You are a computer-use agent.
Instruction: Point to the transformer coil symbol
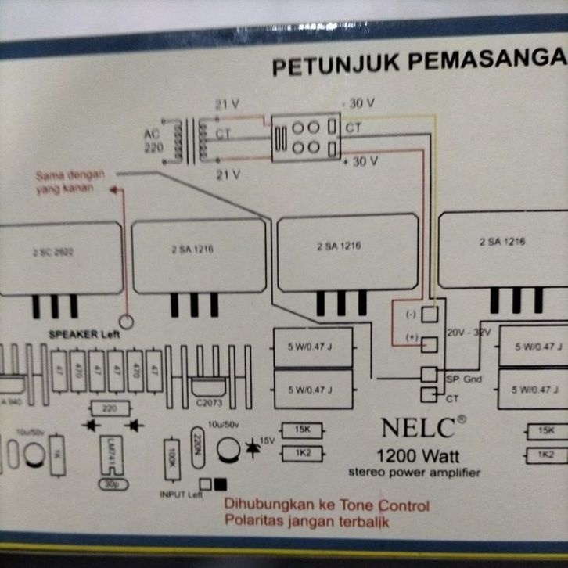(x=189, y=141)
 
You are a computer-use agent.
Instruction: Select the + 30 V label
(x=360, y=161)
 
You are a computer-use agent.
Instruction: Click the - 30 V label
(x=359, y=103)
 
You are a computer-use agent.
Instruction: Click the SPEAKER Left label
(x=81, y=333)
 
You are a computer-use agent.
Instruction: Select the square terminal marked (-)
(x=430, y=314)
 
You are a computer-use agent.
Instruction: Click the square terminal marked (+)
(x=430, y=344)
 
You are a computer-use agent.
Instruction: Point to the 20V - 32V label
(x=468, y=333)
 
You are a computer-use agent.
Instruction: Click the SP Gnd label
(x=464, y=379)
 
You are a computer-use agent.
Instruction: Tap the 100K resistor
(x=171, y=455)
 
